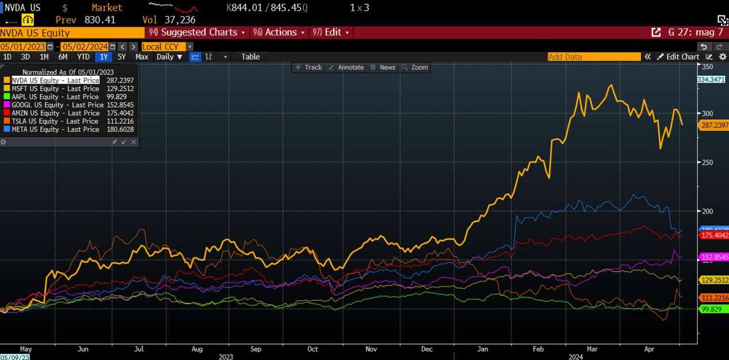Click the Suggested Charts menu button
197,33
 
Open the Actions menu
279,33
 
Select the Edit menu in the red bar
331,33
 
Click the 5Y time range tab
121,57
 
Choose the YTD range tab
83,57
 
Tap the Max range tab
142,57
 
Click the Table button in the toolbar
250,57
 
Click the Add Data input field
594,57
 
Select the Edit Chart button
678,57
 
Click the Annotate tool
346,68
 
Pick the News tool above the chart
383,68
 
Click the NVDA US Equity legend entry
55,81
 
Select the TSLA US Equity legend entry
55,121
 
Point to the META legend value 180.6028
120,129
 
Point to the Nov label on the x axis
371,349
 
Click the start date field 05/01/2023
23,46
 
